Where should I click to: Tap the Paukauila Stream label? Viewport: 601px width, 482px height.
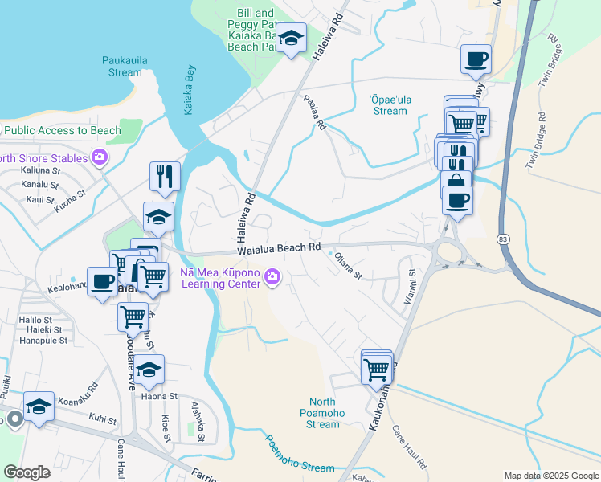pyautogui.click(x=122, y=66)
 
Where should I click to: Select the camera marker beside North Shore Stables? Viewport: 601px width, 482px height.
pyautogui.click(x=100, y=157)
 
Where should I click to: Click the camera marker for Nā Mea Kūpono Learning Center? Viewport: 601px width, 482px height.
pyautogui.click(x=272, y=277)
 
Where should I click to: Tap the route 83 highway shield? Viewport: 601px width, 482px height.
pyautogui.click(x=502, y=239)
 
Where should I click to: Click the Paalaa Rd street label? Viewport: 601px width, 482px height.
pyautogui.click(x=314, y=112)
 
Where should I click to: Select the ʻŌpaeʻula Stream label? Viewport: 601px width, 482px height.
pyautogui.click(x=390, y=105)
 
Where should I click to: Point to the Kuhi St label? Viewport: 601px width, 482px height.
pyautogui.click(x=104, y=419)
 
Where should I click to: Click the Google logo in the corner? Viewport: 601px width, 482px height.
pyautogui.click(x=27, y=472)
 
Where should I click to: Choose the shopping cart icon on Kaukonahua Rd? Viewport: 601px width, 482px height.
pyautogui.click(x=376, y=370)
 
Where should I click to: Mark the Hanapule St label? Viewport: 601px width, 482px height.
pyautogui.click(x=35, y=340)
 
